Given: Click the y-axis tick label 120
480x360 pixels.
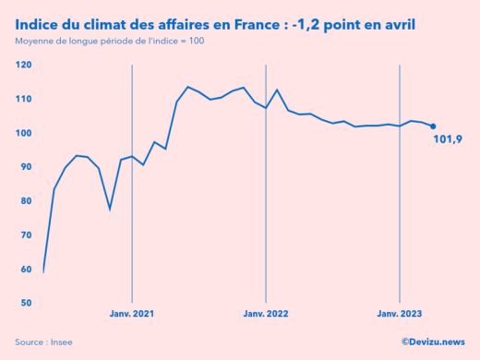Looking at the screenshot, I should point(24,65).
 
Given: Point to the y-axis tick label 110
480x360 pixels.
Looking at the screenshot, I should point(24,99).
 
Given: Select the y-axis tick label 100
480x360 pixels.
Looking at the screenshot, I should point(24,133).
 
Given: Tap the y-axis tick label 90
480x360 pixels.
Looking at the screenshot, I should point(26,167).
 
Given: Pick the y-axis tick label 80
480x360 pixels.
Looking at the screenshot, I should point(26,200).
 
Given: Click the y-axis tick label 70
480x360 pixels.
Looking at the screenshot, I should point(26,234).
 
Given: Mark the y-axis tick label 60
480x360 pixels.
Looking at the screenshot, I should point(26,269).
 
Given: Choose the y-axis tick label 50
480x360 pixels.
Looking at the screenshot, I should point(26,303).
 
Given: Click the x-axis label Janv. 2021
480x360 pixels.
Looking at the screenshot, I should point(132,315).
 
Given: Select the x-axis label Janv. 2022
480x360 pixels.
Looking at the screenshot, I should point(266,315).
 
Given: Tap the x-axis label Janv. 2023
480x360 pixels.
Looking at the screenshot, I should point(399,315).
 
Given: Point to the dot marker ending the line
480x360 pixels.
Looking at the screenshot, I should point(433,126).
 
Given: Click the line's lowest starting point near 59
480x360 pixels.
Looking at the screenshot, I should point(43,271).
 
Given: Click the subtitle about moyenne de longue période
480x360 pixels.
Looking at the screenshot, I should point(109,43).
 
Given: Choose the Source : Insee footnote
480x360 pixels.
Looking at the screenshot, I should point(43,342).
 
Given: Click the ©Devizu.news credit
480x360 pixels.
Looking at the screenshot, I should point(433,342).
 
